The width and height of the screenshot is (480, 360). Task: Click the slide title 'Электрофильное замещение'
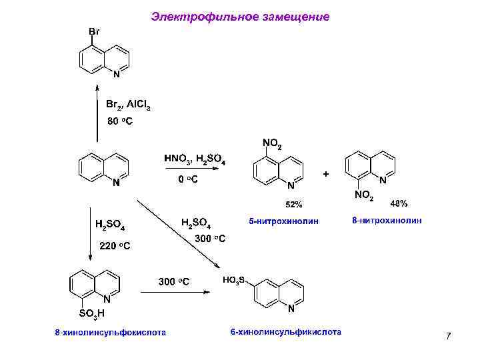tap(240, 16)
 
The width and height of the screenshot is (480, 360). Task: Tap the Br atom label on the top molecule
tap(95, 31)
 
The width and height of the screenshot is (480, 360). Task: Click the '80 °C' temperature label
tap(121, 122)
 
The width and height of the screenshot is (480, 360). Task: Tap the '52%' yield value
tap(294, 203)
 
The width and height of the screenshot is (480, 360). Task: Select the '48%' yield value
tap(399, 202)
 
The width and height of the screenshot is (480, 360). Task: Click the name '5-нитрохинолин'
tap(284, 220)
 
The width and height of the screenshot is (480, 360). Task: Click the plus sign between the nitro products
tap(325, 174)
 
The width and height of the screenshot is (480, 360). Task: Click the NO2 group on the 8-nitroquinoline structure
tap(363, 195)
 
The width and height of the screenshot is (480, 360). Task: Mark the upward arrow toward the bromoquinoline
tap(97, 113)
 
